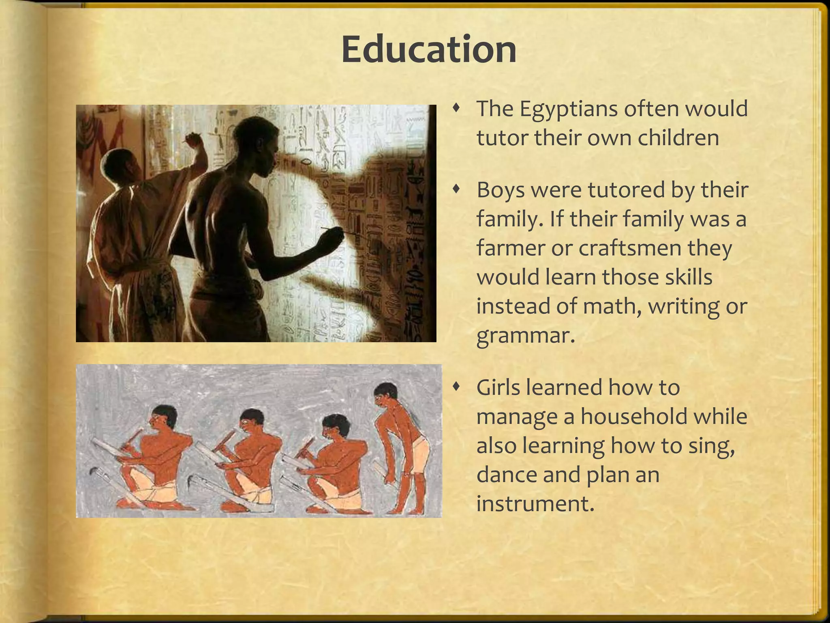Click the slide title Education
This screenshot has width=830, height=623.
pyautogui.click(x=429, y=50)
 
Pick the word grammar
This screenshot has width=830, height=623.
pyautogui.click(x=526, y=336)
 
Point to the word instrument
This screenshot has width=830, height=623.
pyautogui.click(x=535, y=504)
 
